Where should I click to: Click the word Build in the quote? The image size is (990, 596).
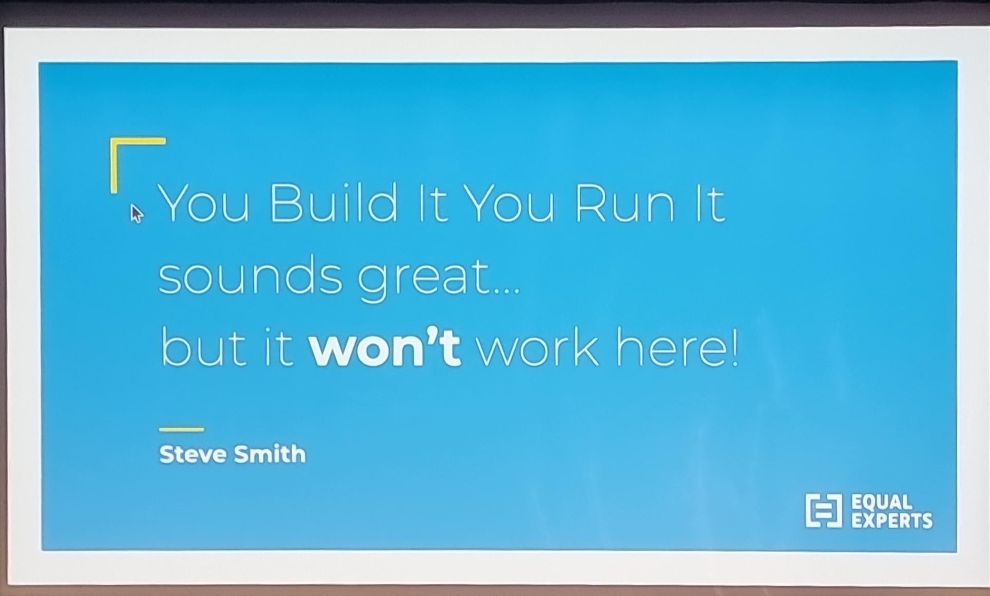(333, 203)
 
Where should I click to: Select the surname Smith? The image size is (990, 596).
(270, 454)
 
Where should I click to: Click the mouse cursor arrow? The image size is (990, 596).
(136, 213)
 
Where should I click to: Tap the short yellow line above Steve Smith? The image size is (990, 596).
(181, 429)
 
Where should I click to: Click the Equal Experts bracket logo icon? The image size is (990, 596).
(824, 510)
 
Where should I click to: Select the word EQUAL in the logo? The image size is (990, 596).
(882, 502)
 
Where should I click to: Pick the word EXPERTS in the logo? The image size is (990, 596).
(892, 520)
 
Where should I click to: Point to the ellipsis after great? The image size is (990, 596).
(507, 292)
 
